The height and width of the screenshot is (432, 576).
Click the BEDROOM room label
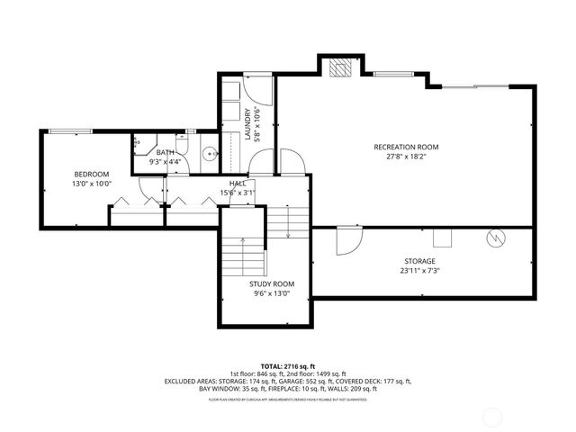coord(92,174)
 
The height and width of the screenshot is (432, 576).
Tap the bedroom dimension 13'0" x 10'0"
coord(92,184)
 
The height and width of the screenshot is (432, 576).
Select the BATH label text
coord(165,152)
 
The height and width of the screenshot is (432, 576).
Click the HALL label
coord(238,183)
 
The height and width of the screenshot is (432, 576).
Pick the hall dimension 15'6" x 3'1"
coord(238,193)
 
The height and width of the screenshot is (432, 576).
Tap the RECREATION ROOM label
coord(406,146)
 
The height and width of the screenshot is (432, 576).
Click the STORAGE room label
coord(419,260)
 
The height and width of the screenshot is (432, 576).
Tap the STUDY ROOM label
coord(272,283)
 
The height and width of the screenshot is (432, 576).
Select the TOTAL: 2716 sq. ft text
coord(287,367)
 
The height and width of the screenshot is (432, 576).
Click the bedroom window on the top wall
coord(63,131)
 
